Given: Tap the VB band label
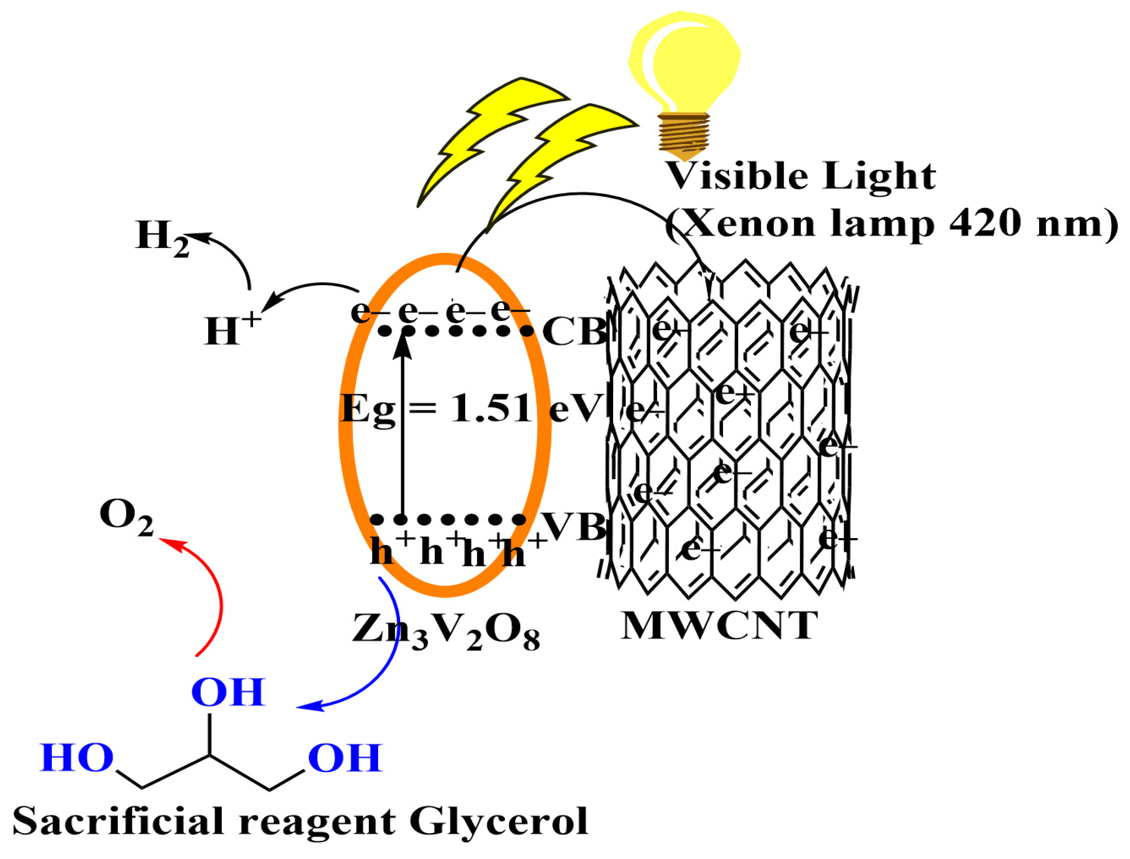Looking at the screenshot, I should click(573, 526).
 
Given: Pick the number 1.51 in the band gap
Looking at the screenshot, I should click(491, 409).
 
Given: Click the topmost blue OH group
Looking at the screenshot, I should click(228, 693).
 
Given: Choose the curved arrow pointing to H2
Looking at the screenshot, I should click(233, 258).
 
